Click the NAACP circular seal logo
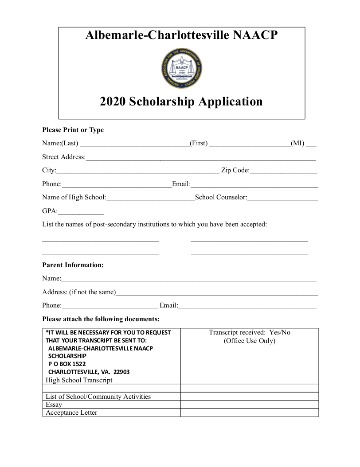pos(182,68)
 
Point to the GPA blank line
pos(81,212)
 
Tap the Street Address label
pos(63,157)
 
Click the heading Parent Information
pos(73,265)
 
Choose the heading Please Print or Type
pos(73,130)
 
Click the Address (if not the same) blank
pos(217,293)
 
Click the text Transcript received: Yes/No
pos(250,332)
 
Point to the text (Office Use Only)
pos(250,341)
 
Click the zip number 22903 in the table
pos(121,372)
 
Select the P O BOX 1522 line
pos(67,364)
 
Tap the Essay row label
pos(54,405)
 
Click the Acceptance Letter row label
pos(71,413)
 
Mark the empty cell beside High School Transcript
pos(249,380)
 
